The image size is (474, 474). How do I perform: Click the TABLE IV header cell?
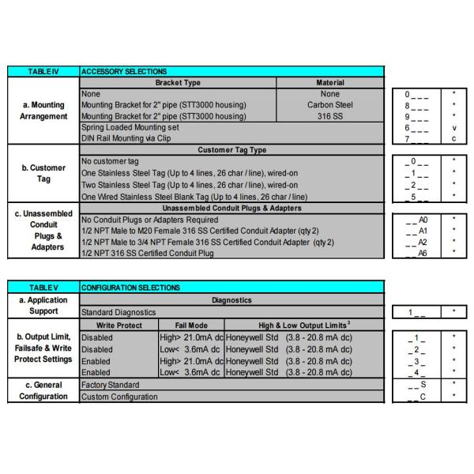pyautogui.click(x=43, y=72)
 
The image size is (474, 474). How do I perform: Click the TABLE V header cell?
pyautogui.click(x=43, y=287)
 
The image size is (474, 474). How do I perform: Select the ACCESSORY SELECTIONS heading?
pyautogui.click(x=124, y=72)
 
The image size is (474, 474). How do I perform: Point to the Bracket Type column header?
pyautogui.click(x=178, y=82)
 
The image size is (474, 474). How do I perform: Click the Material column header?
pyautogui.click(x=330, y=82)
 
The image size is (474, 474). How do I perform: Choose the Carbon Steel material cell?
pyautogui.click(x=330, y=104)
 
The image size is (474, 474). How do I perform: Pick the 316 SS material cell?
pyautogui.click(x=330, y=115)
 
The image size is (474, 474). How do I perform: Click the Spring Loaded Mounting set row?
pyautogui.click(x=130, y=126)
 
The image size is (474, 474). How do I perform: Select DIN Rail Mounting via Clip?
pyautogui.click(x=127, y=137)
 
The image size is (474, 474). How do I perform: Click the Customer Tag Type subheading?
pyautogui.click(x=232, y=150)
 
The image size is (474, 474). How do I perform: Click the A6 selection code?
pyautogui.click(x=423, y=253)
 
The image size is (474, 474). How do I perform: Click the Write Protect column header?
pyautogui.click(x=119, y=324)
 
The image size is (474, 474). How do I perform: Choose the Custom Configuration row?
pyautogui.click(x=119, y=397)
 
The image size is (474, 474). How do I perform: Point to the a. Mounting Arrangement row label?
pyautogui.click(x=43, y=111)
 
